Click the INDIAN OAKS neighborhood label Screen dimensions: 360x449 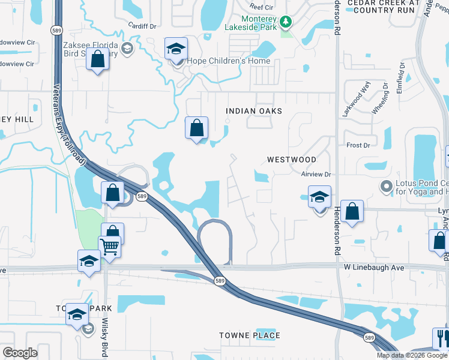point(253,112)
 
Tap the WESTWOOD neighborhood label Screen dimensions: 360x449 point(292,160)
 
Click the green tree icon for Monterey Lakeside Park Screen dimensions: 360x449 point(286,22)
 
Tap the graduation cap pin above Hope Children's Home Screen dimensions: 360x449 point(176,49)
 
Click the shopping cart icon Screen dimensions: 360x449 point(110,247)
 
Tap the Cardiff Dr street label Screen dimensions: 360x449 point(142,26)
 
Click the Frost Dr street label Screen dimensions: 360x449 point(358,145)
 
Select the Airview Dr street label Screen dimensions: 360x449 point(316,174)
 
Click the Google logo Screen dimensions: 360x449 point(20,353)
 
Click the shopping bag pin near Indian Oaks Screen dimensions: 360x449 point(196,128)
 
